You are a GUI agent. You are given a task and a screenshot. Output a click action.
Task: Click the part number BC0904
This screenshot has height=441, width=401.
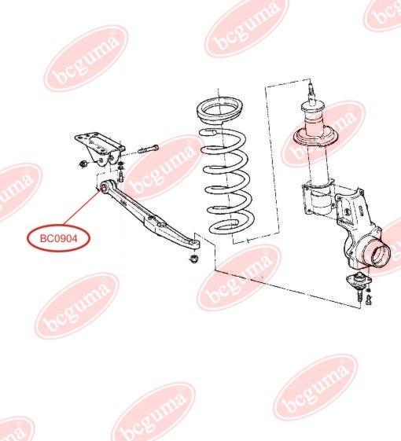[x=58, y=239]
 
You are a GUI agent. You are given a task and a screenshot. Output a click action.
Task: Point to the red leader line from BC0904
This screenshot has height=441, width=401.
[x=83, y=206]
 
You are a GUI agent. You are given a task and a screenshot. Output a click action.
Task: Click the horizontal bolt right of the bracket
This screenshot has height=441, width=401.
[x=149, y=149]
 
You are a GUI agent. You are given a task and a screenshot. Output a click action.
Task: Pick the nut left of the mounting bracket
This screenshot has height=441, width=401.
[x=83, y=164]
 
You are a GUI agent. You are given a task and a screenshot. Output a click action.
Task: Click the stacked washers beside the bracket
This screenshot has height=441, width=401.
[x=121, y=166]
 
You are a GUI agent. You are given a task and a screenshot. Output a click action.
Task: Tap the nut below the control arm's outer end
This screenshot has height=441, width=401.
[x=194, y=258]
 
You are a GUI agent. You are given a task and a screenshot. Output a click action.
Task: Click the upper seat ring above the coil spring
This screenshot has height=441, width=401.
[x=219, y=111]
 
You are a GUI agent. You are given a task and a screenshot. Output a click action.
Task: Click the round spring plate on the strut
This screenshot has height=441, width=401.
[x=316, y=138]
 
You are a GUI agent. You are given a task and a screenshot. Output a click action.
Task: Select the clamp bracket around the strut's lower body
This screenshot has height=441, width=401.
[x=318, y=197]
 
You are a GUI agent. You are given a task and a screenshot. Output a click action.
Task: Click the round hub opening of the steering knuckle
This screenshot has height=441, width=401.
[x=381, y=255]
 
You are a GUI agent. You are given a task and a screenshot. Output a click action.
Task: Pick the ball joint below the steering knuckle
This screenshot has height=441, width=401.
[x=359, y=281]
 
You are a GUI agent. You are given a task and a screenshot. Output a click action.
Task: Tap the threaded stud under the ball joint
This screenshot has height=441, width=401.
[x=359, y=296]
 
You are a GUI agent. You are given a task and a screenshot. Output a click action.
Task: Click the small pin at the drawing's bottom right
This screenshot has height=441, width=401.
[x=370, y=300]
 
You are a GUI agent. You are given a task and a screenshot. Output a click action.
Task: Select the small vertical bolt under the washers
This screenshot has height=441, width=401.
[x=121, y=177]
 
